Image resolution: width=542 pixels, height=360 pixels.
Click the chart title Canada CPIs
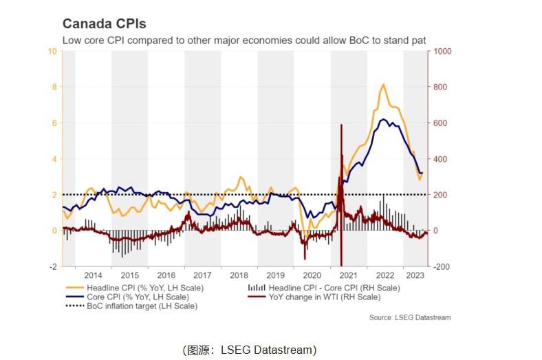[104, 25]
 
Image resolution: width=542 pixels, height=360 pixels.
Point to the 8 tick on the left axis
[53, 87]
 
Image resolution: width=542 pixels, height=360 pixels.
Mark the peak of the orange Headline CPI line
[383, 84]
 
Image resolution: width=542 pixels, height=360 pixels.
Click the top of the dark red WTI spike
[341, 125]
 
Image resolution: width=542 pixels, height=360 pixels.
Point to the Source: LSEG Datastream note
[410, 317]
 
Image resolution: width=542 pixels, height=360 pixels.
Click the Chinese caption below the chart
[249, 350]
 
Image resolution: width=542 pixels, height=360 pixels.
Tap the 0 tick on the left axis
[53, 231]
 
